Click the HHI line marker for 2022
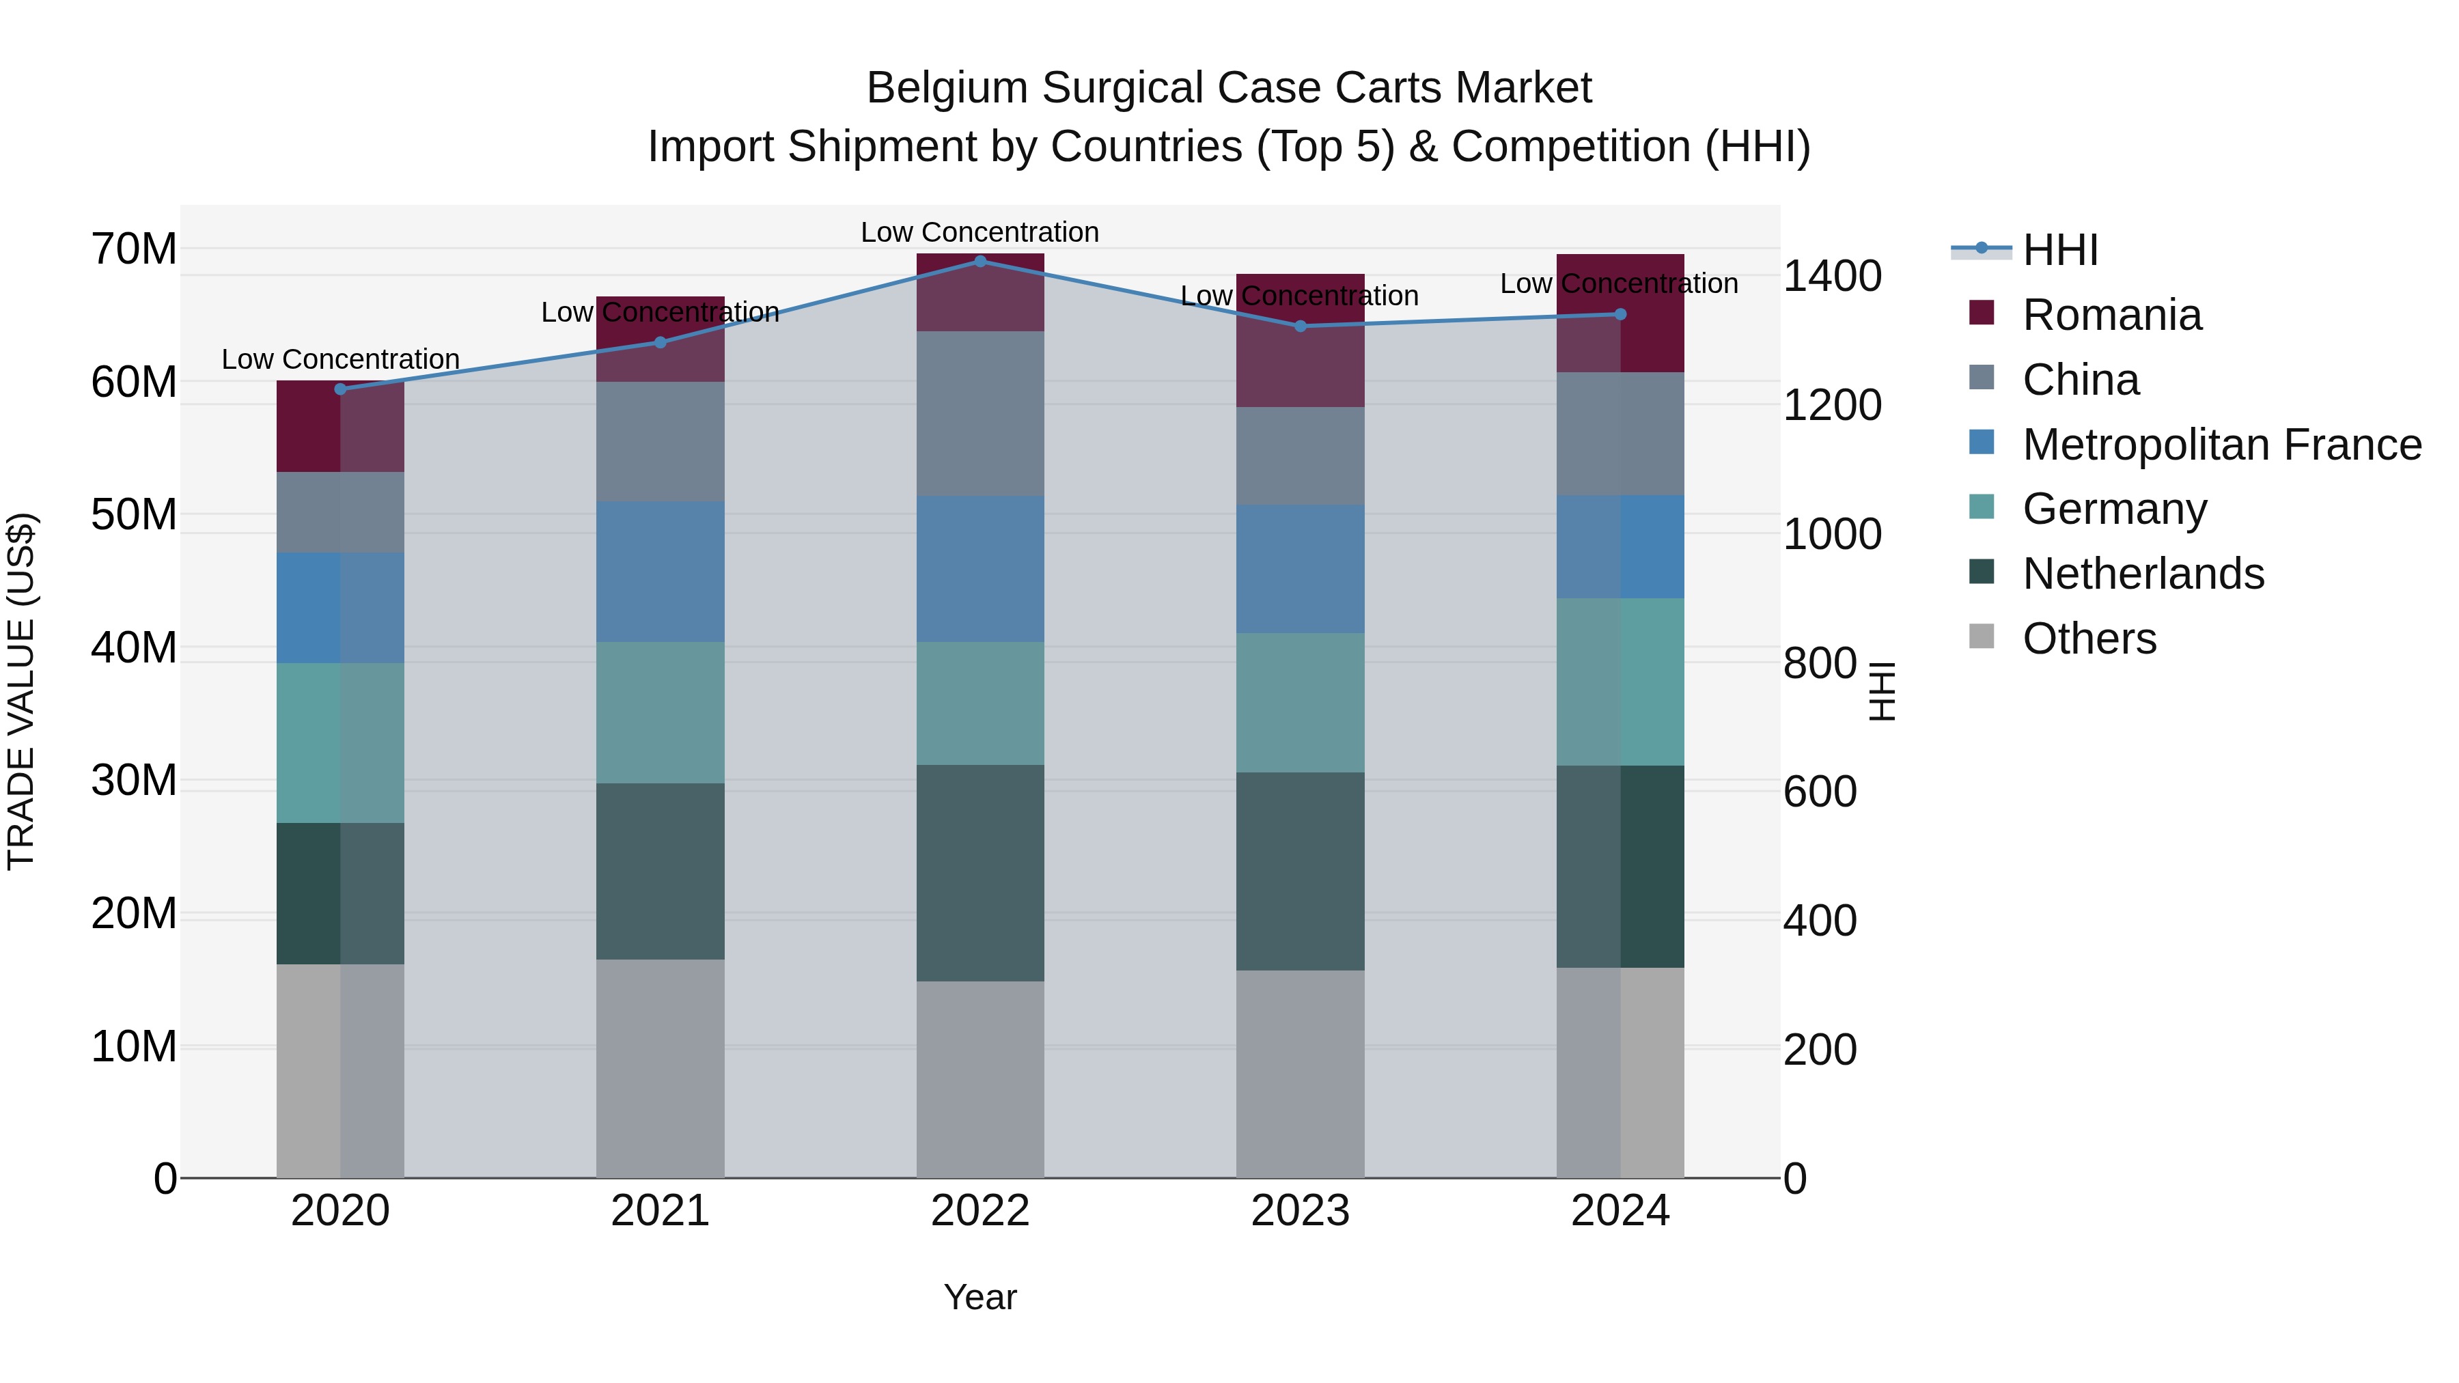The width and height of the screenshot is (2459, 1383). point(980,261)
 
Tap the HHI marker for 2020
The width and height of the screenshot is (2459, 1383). point(341,389)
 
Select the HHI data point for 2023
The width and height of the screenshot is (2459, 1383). point(1299,326)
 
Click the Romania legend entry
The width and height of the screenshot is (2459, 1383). point(2111,315)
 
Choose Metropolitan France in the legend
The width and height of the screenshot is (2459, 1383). point(2221,445)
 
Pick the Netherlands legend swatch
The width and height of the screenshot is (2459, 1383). point(1982,573)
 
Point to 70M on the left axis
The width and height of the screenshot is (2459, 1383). point(134,249)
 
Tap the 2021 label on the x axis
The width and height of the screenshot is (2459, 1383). point(660,1211)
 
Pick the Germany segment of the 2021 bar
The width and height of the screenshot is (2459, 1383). point(660,712)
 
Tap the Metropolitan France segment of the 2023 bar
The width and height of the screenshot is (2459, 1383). point(1299,569)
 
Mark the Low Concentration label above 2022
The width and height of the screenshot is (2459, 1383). point(980,232)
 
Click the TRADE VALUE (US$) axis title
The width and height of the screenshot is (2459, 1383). point(21,691)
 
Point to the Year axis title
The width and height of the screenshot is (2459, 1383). point(980,1297)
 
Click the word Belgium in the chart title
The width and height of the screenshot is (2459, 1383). point(946,88)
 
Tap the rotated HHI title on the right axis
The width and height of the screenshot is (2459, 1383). point(1880,691)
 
